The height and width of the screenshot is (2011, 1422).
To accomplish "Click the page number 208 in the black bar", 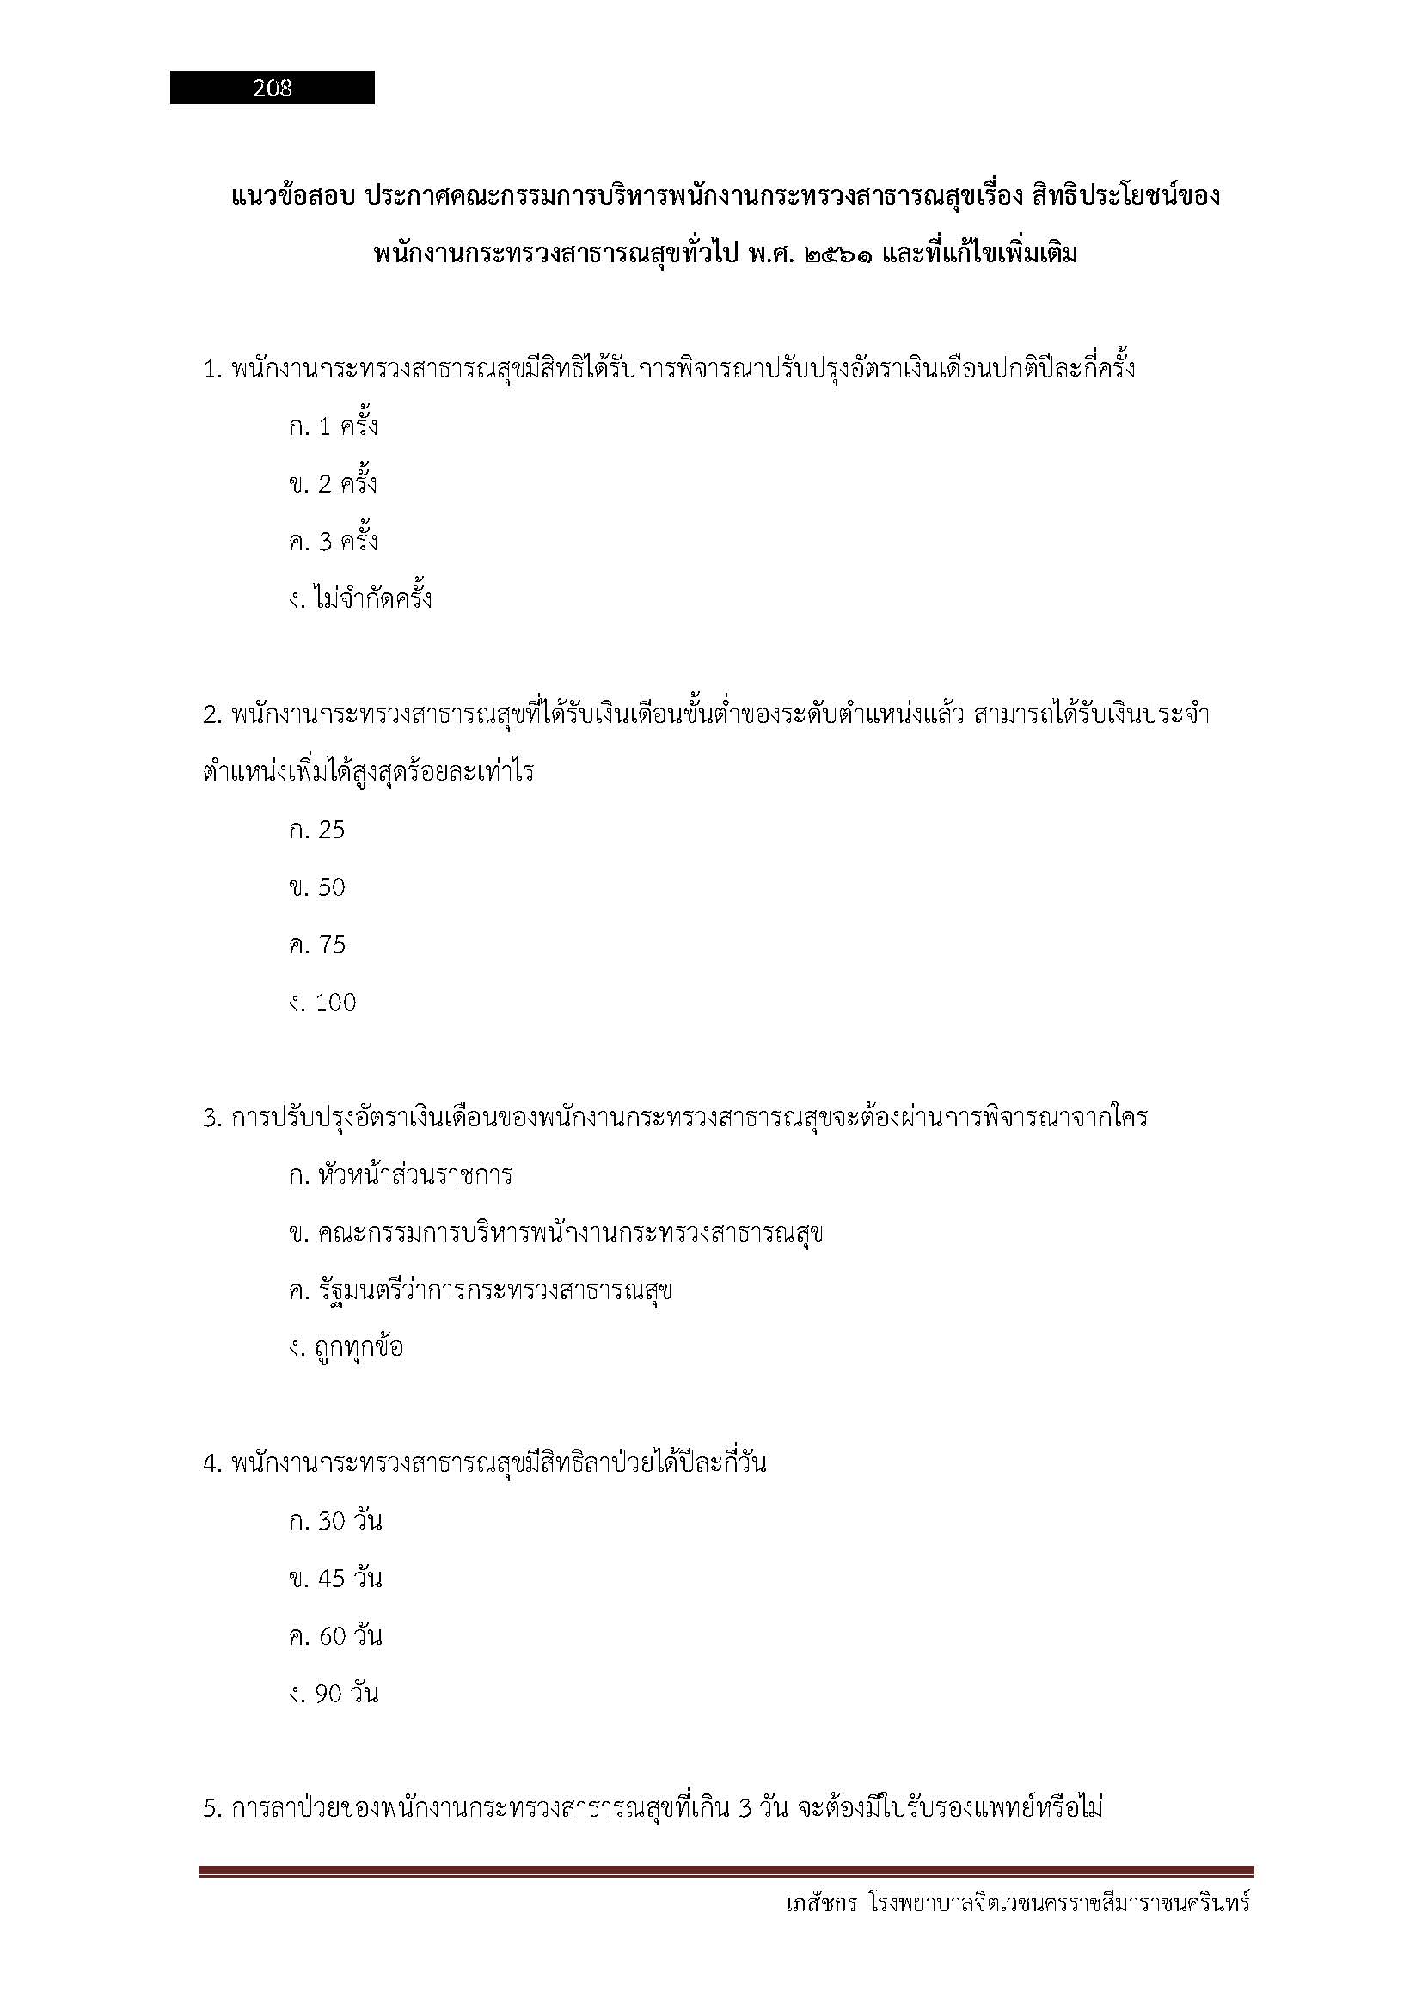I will click(x=273, y=88).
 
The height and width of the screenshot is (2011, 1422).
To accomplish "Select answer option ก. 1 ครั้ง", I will click(x=333, y=427).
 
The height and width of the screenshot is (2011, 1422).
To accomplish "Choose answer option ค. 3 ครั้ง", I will click(x=333, y=543).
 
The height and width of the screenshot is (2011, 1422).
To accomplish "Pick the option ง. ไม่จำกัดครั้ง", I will click(x=360, y=600).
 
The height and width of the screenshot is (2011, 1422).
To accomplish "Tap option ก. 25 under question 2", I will click(x=317, y=831).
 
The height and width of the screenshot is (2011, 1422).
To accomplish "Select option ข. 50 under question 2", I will click(x=317, y=888).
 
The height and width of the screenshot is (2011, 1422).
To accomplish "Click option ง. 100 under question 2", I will click(x=322, y=1002).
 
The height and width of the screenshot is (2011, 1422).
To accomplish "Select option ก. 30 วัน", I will click(x=335, y=1522).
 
